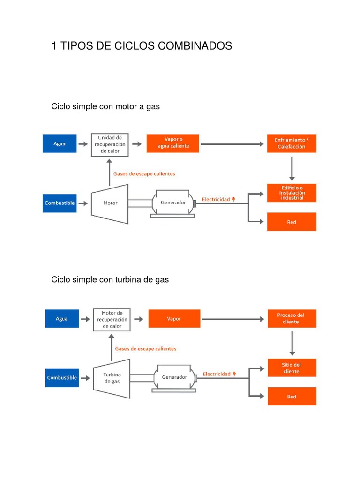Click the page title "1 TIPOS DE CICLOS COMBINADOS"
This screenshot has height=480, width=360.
click(142, 46)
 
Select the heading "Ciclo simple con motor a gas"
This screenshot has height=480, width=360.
click(105, 106)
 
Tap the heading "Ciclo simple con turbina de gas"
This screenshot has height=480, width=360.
click(110, 279)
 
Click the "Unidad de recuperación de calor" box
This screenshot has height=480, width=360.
click(110, 144)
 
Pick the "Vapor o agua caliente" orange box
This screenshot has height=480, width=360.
click(173, 143)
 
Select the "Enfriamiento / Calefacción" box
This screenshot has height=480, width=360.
click(292, 143)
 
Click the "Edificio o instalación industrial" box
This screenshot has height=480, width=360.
click(292, 193)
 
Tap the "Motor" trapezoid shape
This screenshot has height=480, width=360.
click(110, 203)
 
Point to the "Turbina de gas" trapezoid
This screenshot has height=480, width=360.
click(112, 378)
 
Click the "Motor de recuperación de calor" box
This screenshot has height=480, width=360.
click(112, 320)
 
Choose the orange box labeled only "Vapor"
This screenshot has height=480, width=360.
click(174, 319)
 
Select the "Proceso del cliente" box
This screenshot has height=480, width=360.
click(292, 319)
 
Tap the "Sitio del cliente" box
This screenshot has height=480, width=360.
click(292, 367)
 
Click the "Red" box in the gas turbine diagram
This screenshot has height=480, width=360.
click(292, 397)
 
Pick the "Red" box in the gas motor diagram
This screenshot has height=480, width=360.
click(292, 222)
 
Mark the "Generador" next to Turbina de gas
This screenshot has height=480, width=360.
click(174, 378)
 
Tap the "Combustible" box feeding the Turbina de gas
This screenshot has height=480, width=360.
click(62, 378)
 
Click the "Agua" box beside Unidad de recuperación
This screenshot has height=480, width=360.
click(60, 143)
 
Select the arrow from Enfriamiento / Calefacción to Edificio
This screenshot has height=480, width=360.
click(292, 169)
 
